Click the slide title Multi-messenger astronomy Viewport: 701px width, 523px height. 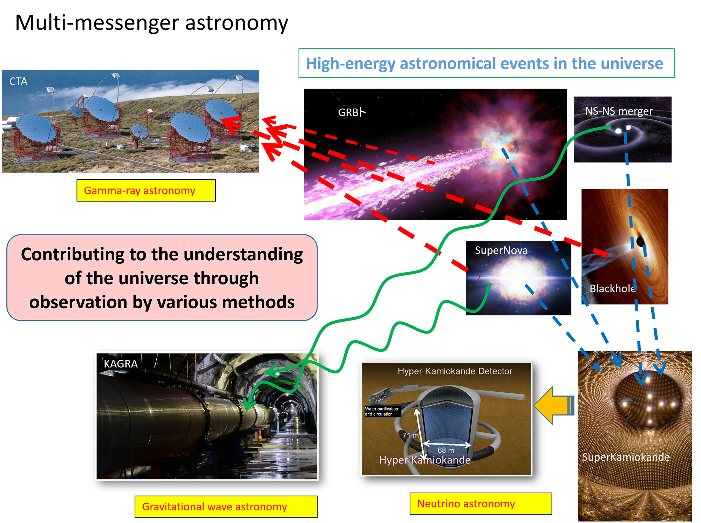[151, 23]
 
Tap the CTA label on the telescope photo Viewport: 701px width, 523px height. [18, 81]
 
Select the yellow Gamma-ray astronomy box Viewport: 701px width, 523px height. [146, 190]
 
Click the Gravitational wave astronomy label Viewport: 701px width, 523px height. [215, 507]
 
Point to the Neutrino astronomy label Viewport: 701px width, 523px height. [466, 504]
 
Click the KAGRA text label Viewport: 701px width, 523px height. [121, 364]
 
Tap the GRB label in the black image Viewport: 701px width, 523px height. [352, 112]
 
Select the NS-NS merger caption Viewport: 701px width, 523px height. [619, 111]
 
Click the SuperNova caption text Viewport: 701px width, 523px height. [501, 250]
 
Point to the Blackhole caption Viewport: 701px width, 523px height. [613, 288]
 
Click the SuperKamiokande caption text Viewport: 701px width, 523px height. [626, 457]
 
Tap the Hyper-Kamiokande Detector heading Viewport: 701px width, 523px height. [455, 371]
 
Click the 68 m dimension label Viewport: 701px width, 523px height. [446, 450]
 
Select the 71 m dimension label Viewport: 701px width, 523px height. [410, 435]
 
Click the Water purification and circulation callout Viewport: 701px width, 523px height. [382, 411]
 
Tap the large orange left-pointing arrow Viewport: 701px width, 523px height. [554, 406]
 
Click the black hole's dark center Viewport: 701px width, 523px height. [640, 241]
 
